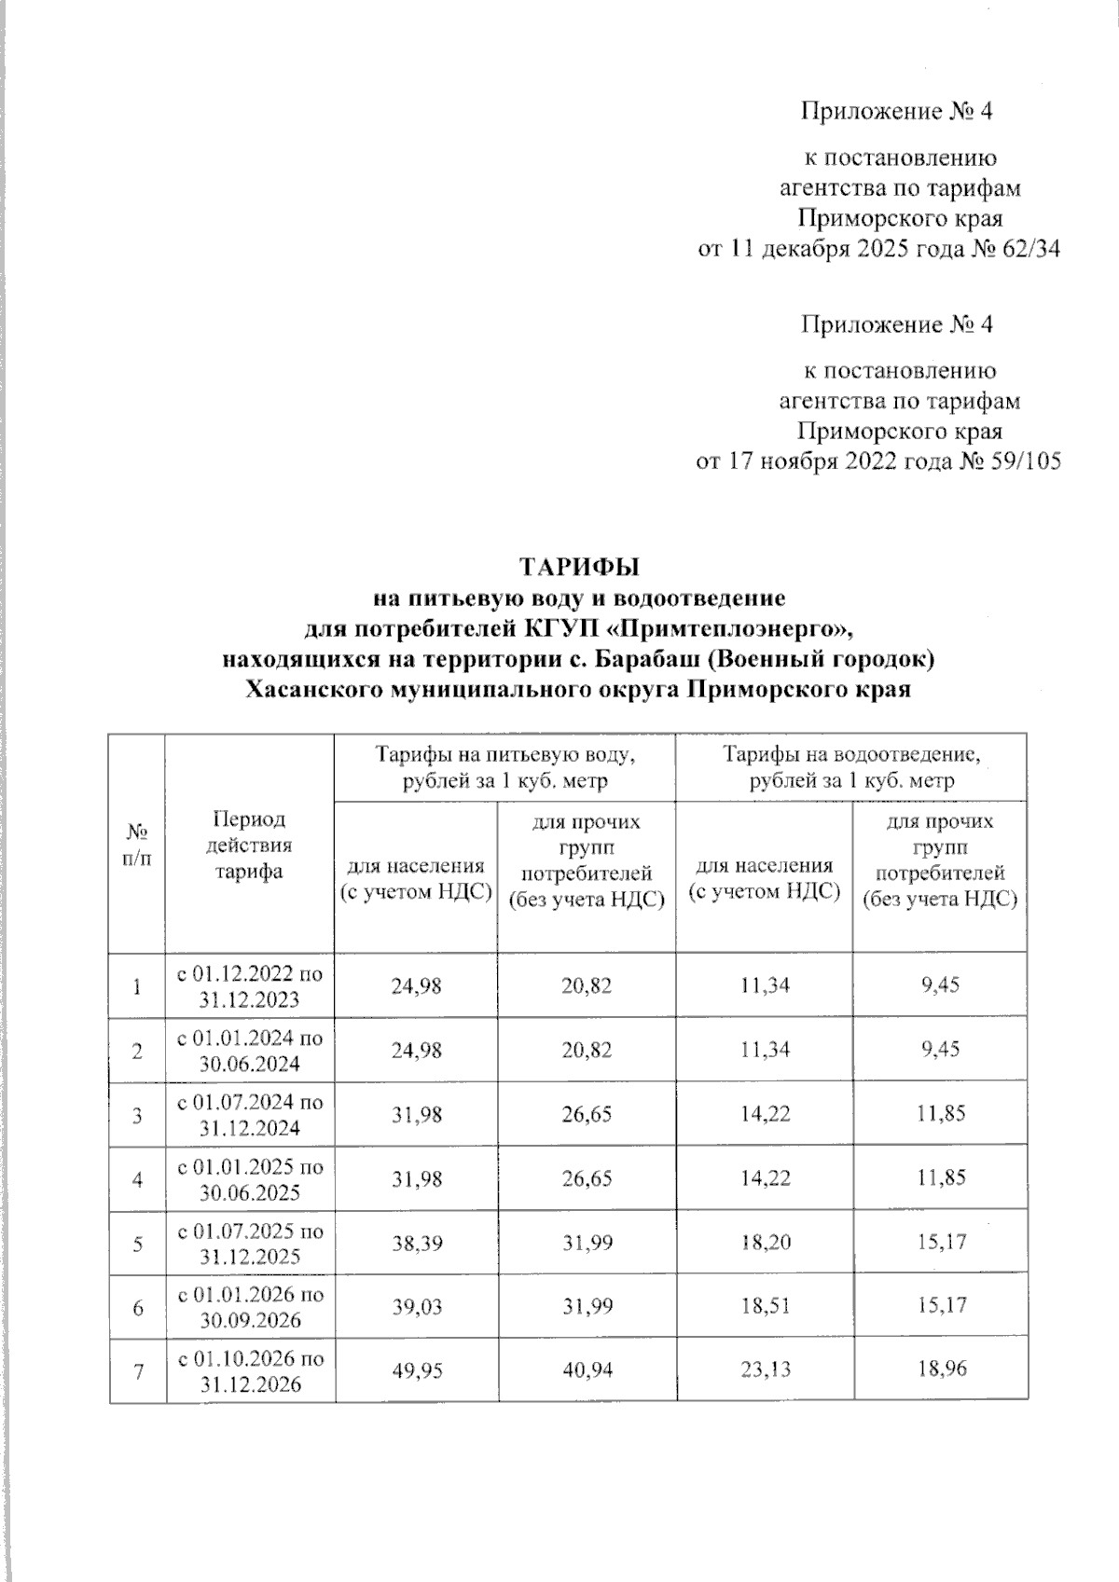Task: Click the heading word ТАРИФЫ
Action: [x=579, y=566]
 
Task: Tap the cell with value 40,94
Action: [x=587, y=1369]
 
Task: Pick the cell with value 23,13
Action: [x=765, y=1369]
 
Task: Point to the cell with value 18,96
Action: [x=941, y=1369]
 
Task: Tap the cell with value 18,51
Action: [x=765, y=1306]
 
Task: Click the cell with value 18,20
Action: [x=765, y=1242]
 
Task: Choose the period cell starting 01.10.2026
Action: [x=250, y=1370]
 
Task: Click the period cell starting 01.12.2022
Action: [x=250, y=986]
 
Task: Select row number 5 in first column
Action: [x=137, y=1243]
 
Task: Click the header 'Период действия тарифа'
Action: [x=249, y=845]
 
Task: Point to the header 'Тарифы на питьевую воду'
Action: [x=504, y=766]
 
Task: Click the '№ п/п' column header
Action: [x=137, y=845]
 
